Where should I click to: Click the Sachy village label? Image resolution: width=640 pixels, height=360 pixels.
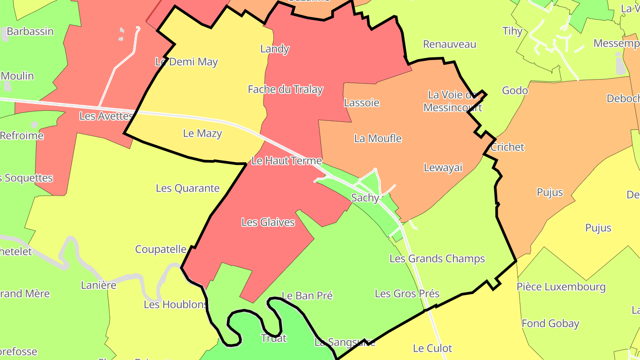[x=365, y=198]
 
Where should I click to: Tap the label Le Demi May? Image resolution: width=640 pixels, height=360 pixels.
[x=187, y=62]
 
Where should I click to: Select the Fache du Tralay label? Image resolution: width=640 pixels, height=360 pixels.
[x=285, y=89]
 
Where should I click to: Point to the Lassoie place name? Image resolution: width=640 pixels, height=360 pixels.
[x=362, y=103]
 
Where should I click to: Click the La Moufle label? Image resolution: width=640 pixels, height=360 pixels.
[x=378, y=138]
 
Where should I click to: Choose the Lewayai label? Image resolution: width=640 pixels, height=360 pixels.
[x=443, y=168]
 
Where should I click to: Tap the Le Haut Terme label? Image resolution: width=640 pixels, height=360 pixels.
[x=287, y=160]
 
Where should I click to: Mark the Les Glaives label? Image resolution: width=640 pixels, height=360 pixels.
[x=268, y=222]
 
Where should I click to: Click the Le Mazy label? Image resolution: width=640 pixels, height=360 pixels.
[x=202, y=133]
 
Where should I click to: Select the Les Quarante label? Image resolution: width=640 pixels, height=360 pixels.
[x=188, y=188]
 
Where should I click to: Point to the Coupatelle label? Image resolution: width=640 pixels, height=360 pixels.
[x=160, y=249]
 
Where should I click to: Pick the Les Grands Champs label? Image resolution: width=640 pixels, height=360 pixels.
[x=437, y=258]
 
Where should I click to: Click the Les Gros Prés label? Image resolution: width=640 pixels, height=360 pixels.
[x=407, y=293]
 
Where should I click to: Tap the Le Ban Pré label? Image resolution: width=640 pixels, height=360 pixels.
[x=307, y=296]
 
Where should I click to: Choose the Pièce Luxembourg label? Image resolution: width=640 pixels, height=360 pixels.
[x=561, y=287]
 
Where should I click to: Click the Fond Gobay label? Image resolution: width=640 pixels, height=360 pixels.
[x=550, y=323]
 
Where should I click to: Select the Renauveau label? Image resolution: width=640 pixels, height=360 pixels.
[x=449, y=44]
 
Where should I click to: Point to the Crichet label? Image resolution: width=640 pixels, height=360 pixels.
[x=508, y=147]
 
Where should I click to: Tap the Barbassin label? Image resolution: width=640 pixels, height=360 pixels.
[x=30, y=32]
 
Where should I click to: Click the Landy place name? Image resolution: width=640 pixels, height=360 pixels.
[x=275, y=49]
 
